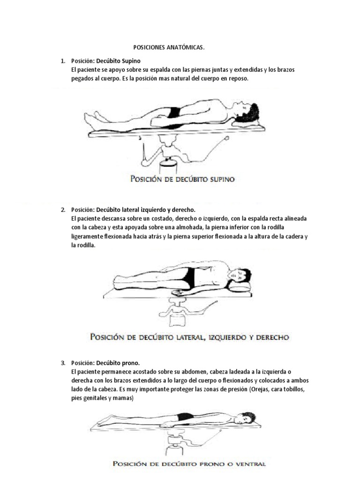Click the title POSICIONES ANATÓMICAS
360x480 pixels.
pyautogui.click(x=169, y=48)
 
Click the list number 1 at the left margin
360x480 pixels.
pyautogui.click(x=62, y=61)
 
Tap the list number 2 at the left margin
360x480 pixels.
pyautogui.click(x=62, y=210)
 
